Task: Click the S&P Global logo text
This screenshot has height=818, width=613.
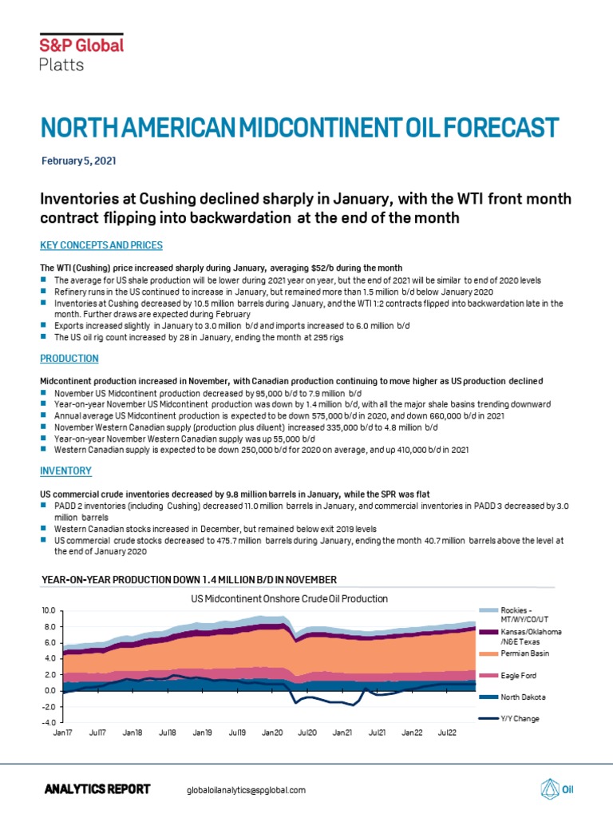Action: point(81,46)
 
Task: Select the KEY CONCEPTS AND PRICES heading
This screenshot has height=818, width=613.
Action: point(101,244)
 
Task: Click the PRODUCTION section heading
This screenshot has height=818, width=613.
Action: point(69,359)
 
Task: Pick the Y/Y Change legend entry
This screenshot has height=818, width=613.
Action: point(503,718)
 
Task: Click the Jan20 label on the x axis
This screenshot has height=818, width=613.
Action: point(274,732)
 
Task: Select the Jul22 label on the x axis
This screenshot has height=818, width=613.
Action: point(446,732)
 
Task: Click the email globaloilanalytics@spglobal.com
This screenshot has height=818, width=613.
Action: point(246,790)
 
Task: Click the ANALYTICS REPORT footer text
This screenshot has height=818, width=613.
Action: point(97,789)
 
